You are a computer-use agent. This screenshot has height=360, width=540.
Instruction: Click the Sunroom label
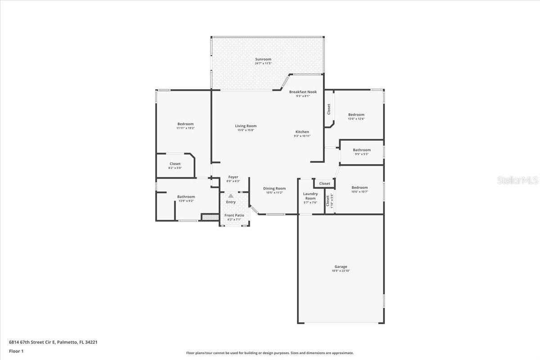coord(263,59)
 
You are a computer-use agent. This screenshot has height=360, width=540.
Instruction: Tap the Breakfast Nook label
coord(303,92)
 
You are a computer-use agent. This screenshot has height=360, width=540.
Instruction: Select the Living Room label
coord(246,126)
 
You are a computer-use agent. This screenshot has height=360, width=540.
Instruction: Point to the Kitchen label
coord(302,132)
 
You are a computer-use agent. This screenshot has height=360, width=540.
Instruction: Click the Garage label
coord(341,267)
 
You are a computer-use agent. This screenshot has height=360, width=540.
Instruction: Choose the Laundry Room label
coord(310,196)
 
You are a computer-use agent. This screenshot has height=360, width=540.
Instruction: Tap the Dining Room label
coord(274,189)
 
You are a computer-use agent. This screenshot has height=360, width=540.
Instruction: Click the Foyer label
coord(233,177)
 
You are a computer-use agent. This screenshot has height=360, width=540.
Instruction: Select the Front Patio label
coord(234,216)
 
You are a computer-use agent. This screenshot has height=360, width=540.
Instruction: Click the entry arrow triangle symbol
coord(231,196)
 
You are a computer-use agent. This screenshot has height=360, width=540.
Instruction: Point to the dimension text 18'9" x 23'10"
coord(341,271)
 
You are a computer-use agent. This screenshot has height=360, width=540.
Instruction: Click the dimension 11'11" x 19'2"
coord(185,128)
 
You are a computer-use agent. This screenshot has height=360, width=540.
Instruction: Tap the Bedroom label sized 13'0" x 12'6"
coord(356,115)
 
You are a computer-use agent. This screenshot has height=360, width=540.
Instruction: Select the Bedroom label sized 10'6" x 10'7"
coord(360,188)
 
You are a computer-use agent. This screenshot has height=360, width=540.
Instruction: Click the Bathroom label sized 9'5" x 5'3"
coord(362,150)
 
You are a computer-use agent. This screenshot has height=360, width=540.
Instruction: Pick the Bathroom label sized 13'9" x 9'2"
coord(186,197)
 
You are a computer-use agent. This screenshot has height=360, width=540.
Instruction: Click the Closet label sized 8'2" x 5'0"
coord(175,164)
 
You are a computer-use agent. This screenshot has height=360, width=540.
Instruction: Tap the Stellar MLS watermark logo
coord(517,180)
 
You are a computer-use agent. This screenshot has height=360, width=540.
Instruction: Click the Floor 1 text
coord(16,351)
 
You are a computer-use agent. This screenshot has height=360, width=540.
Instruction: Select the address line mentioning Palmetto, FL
coord(53,342)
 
